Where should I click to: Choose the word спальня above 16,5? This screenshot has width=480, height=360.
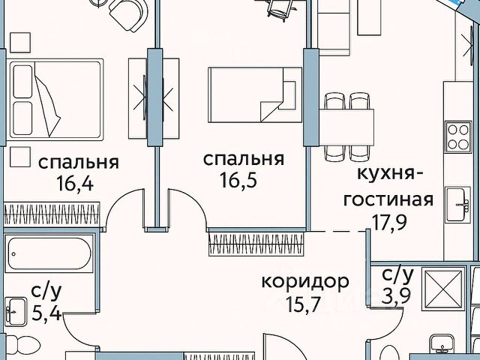[244, 159]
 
